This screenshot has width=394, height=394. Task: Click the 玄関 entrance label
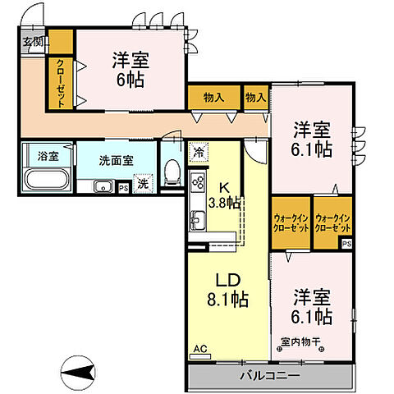(33, 42)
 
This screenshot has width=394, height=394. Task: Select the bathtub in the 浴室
(48, 181)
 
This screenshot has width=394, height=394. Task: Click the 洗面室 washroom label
(117, 161)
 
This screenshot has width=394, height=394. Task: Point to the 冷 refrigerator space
(199, 153)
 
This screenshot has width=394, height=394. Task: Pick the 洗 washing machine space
(143, 184)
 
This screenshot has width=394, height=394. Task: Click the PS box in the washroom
(123, 188)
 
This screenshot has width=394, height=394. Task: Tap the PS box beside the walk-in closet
(346, 244)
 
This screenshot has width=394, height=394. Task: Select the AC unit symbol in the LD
(200, 356)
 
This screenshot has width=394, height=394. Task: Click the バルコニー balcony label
(270, 376)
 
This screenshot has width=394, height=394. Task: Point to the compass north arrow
(78, 373)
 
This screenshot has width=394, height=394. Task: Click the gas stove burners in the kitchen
(198, 182)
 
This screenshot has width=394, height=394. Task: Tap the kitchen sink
(198, 220)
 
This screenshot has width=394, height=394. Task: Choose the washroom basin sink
(103, 186)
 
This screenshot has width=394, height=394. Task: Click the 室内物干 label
(300, 341)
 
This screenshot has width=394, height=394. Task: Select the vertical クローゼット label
(61, 83)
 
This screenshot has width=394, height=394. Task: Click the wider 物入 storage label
(213, 97)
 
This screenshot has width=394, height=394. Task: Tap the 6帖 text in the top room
(131, 80)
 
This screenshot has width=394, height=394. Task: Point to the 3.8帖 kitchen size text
(224, 203)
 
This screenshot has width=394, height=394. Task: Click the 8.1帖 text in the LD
(227, 300)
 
